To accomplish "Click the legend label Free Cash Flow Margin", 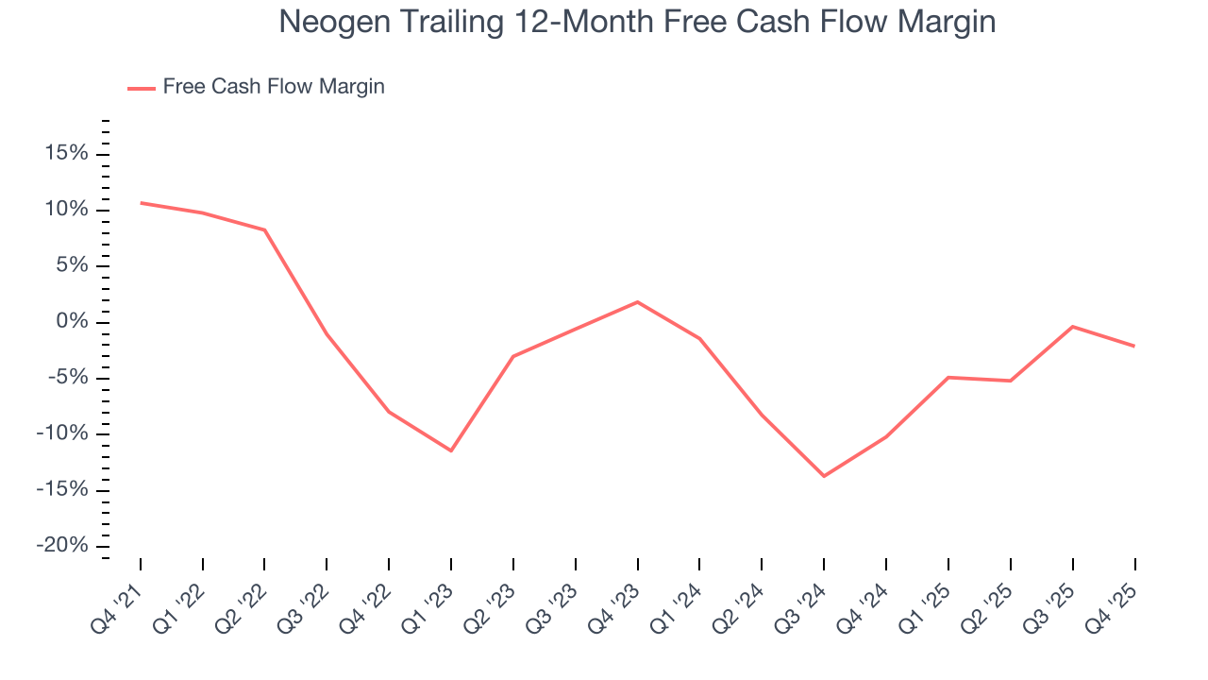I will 274,87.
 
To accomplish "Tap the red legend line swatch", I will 142,88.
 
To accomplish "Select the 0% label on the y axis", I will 72,322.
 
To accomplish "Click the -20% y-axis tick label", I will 62,546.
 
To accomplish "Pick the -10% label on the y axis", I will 62,433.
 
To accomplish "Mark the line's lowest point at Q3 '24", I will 824,476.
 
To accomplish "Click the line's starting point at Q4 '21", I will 141,202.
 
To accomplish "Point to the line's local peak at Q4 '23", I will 638,301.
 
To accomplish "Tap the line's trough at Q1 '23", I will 451,450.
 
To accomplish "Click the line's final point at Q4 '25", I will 1134,346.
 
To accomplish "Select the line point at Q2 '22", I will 265,229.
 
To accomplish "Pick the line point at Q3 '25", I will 1072,327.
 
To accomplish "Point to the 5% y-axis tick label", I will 72,265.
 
